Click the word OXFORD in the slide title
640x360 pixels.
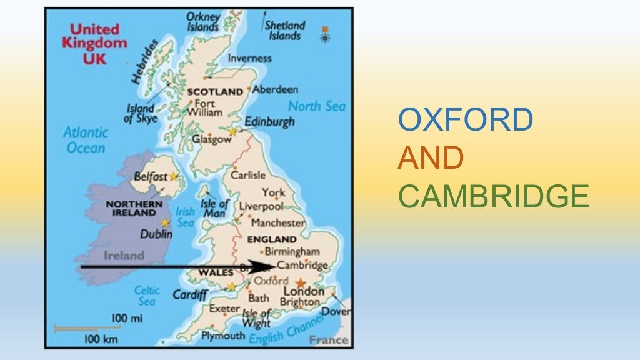(466, 120)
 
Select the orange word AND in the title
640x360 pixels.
(431, 158)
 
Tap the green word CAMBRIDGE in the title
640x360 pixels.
(494, 197)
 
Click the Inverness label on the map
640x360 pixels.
(249, 58)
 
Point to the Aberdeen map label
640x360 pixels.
(275, 89)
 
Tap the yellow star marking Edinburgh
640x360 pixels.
(233, 131)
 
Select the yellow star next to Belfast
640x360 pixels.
(173, 177)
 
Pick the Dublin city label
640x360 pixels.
(156, 234)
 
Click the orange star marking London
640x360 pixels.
(301, 283)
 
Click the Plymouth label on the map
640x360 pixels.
(223, 336)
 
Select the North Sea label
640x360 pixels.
(316, 106)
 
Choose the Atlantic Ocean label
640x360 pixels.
(86, 140)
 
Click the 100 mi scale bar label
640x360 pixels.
(127, 319)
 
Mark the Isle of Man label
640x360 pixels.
(215, 207)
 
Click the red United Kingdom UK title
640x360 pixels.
(94, 44)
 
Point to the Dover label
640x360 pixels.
(336, 311)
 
